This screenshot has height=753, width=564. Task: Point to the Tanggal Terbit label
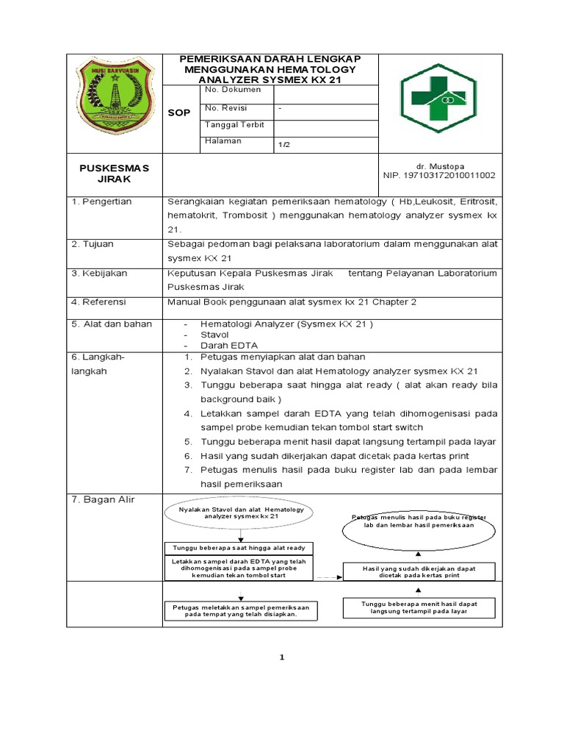click(234, 124)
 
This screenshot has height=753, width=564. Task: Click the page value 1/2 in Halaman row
click(284, 145)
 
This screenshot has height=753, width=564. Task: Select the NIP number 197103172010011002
click(439, 176)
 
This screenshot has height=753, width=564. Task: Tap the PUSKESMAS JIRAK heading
click(114, 173)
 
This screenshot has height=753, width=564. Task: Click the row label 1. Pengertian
click(101, 201)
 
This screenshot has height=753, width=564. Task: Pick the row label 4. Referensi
click(99, 301)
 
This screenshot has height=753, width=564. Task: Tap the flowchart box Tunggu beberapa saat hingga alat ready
click(239, 548)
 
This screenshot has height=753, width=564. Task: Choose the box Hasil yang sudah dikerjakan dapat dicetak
click(419, 572)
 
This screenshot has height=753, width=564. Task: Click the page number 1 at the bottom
click(281, 657)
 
